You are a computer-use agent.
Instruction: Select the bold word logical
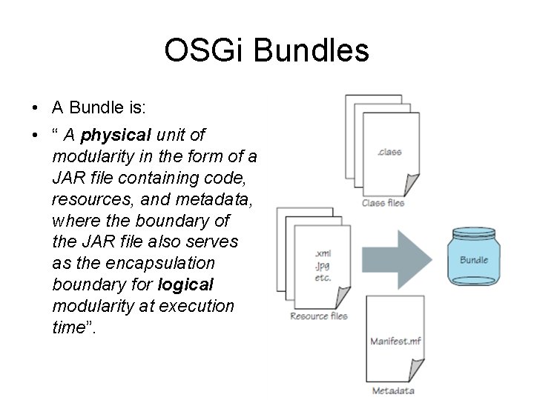click(x=185, y=284)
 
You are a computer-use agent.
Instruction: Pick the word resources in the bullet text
click(x=85, y=199)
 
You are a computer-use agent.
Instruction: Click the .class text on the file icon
click(x=389, y=152)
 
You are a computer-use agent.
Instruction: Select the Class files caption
click(x=383, y=202)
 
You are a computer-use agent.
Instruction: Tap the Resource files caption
click(x=319, y=316)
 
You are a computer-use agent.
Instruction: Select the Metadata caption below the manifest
click(x=393, y=390)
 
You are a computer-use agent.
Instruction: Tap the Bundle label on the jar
click(x=474, y=260)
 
